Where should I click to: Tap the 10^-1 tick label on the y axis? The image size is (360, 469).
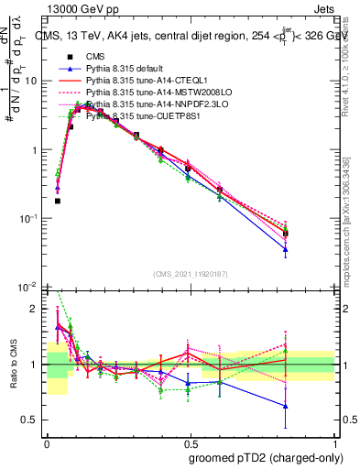click(32, 218)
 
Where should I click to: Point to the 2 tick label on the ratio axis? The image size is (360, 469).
click(38, 309)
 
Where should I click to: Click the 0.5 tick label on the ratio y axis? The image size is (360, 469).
click(34, 420)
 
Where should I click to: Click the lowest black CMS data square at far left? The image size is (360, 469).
click(58, 201)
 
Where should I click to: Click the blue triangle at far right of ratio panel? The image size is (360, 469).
click(287, 406)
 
